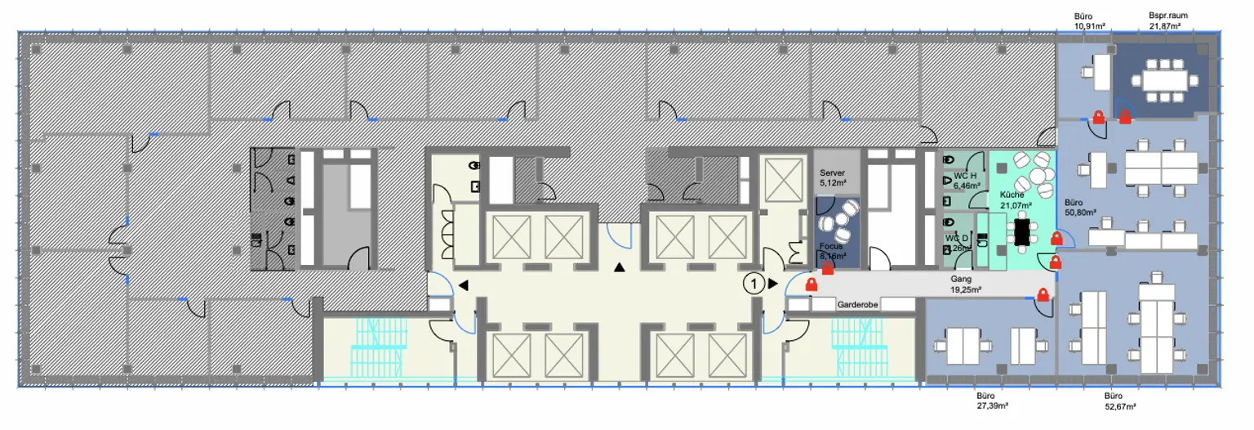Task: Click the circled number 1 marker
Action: [x=754, y=284]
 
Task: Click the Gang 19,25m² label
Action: [x=965, y=284]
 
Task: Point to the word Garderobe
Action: [x=857, y=304]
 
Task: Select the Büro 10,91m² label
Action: [x=1089, y=20]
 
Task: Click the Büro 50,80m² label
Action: [x=1080, y=207]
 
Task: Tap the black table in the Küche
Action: [x=1021, y=232]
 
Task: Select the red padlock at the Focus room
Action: [x=828, y=267]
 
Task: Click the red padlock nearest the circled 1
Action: [x=812, y=284]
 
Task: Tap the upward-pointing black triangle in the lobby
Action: [x=620, y=267]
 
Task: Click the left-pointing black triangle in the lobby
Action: [x=463, y=284]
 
